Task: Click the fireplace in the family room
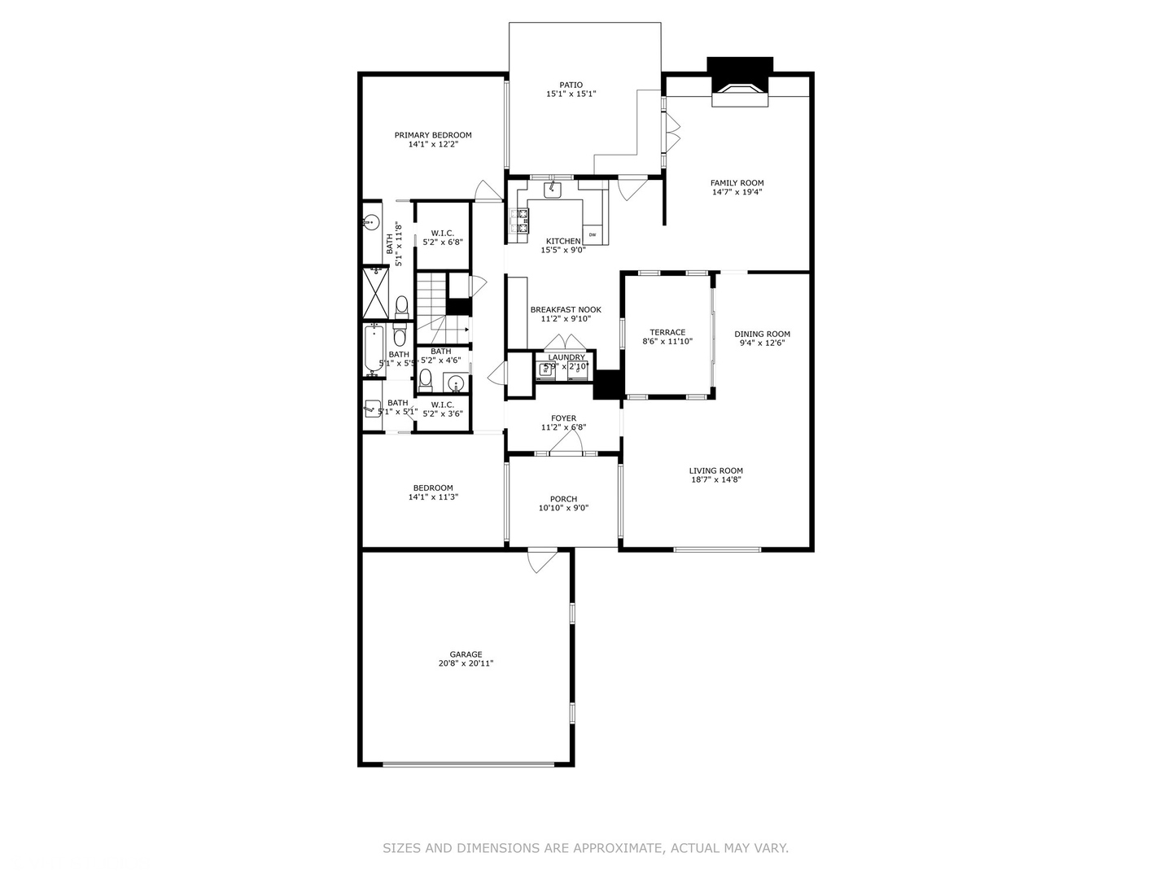coord(740,93)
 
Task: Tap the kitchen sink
coord(553,190)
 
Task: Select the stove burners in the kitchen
coord(518,222)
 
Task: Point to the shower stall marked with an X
coord(375,294)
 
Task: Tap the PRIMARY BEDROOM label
coord(433,135)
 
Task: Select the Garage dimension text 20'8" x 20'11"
coord(466,663)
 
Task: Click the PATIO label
coord(571,85)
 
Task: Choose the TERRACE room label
coord(667,332)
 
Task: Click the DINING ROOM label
coord(762,334)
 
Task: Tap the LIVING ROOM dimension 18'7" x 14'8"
coord(715,479)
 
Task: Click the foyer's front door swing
coord(565,441)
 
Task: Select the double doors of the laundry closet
coord(566,343)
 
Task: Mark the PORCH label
coord(563,499)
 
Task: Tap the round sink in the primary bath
coord(372,221)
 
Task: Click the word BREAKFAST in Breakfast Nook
coord(553,309)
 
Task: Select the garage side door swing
coord(541,562)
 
